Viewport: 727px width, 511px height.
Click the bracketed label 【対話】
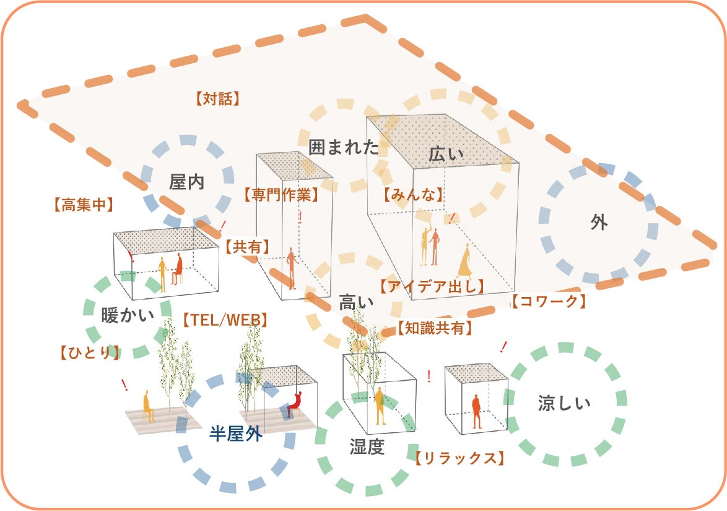click(x=217, y=99)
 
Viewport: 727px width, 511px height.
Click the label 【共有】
click(x=247, y=247)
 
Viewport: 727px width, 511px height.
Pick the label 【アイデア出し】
click(x=432, y=287)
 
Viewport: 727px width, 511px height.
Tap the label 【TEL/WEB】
click(x=225, y=320)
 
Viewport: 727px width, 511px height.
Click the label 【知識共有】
click(x=435, y=328)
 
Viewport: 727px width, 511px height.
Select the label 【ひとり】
click(x=90, y=353)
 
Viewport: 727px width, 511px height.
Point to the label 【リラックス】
click(x=456, y=459)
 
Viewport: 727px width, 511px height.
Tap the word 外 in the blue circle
click(x=598, y=223)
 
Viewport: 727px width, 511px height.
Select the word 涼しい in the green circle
click(x=564, y=404)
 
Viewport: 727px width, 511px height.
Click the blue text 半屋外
click(x=235, y=435)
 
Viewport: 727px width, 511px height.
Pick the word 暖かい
click(x=128, y=316)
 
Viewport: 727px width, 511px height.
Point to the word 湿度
click(x=367, y=447)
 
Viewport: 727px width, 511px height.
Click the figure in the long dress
click(x=464, y=260)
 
